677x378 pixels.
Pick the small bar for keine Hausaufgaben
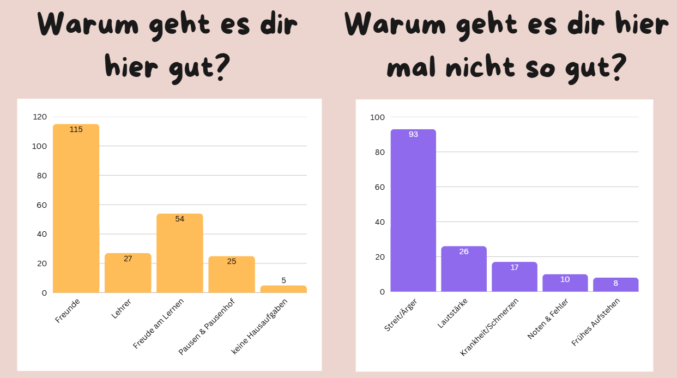tap(283, 289)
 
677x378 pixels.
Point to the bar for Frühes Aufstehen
tap(615, 285)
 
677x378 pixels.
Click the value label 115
tap(76, 129)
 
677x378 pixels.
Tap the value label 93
tap(413, 134)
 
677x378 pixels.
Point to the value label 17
tap(514, 267)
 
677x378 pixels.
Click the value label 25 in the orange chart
tap(232, 261)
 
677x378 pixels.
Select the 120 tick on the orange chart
tap(40, 117)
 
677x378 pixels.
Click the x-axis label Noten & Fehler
tap(548, 319)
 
